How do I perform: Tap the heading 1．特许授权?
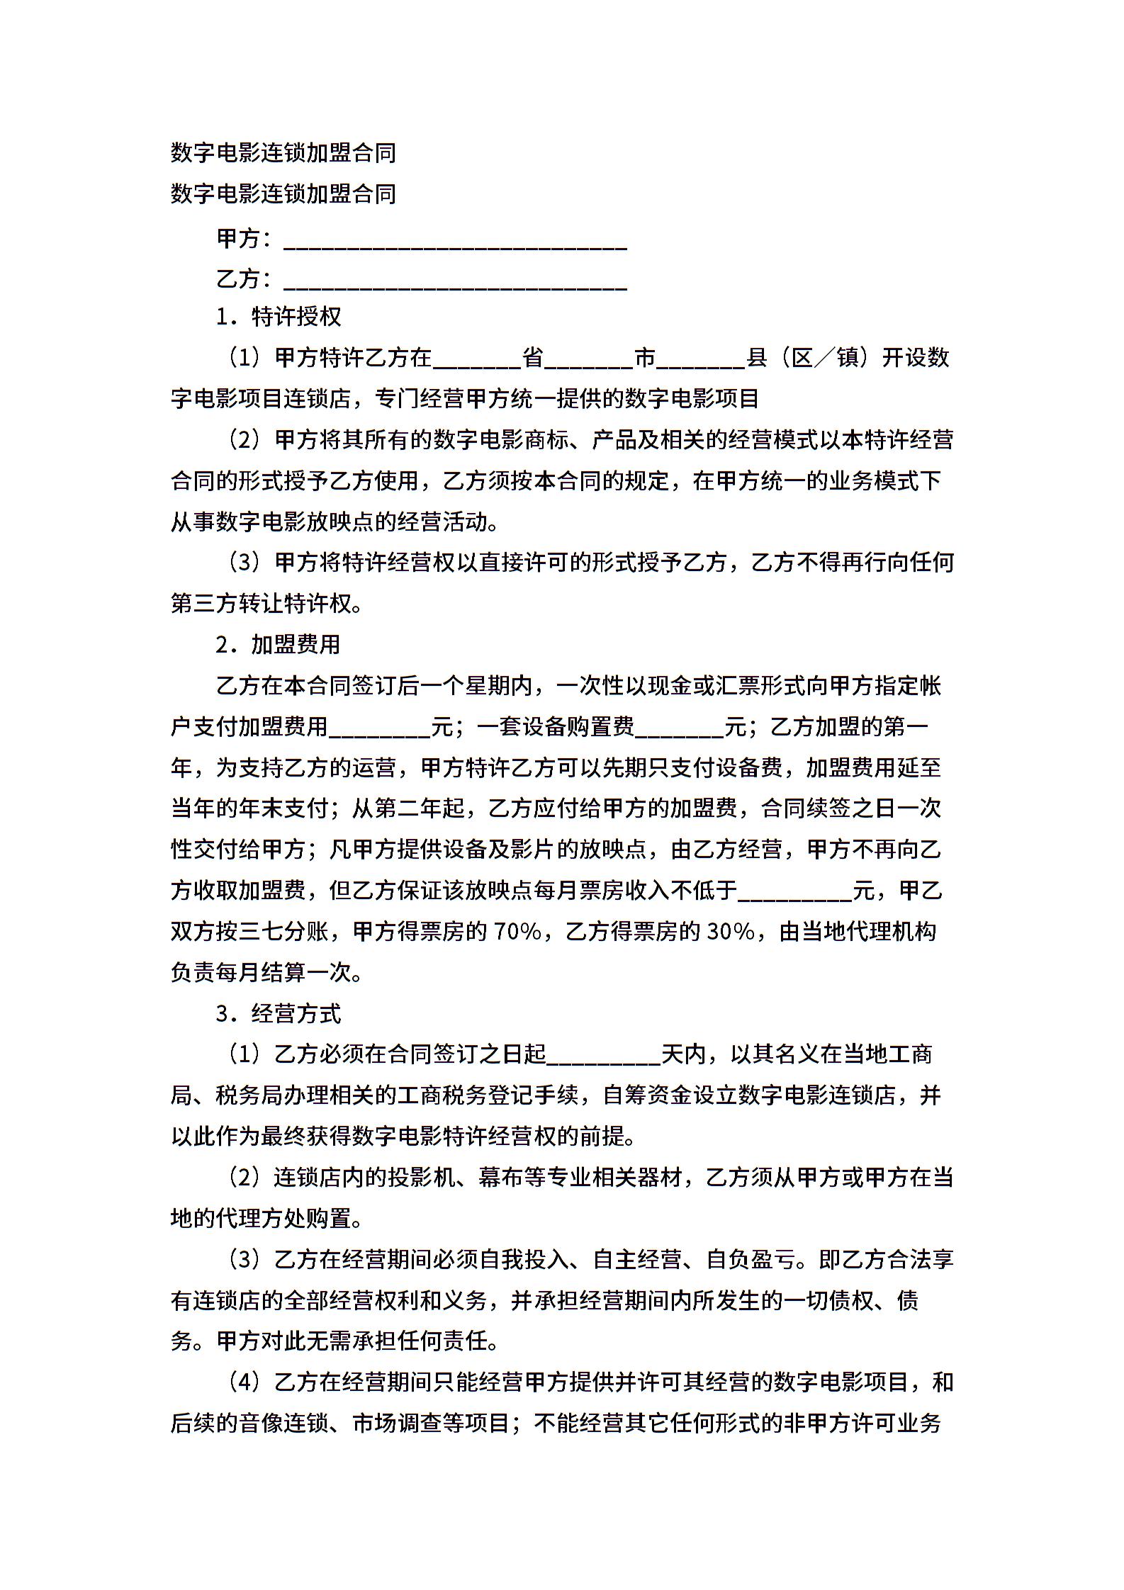[279, 317]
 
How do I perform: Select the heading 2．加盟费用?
[279, 644]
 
